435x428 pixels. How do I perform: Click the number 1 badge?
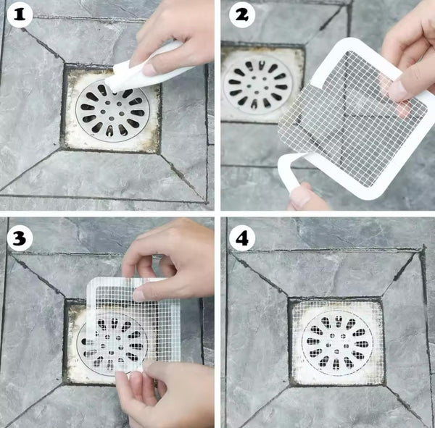click(20, 14)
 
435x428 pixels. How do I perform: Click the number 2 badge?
click(242, 14)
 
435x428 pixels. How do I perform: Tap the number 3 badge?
click(20, 238)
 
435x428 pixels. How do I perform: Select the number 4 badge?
click(242, 238)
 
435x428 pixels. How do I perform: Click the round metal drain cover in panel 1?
click(112, 111)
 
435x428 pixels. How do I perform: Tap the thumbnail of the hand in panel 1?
click(150, 70)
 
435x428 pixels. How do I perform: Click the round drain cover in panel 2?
click(257, 84)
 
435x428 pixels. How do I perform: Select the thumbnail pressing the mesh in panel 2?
click(397, 88)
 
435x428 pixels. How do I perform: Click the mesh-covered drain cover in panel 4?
click(337, 344)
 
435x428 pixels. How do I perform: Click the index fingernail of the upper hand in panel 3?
click(139, 295)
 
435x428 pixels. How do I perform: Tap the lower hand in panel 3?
click(163, 394)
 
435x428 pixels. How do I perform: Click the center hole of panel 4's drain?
click(336, 344)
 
